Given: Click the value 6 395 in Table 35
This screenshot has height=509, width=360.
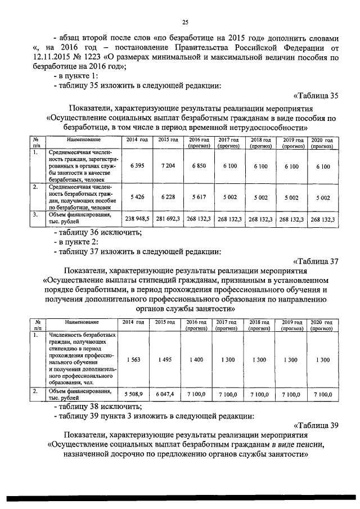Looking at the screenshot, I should [137, 166].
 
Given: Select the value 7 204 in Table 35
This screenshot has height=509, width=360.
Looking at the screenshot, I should [168, 166].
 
